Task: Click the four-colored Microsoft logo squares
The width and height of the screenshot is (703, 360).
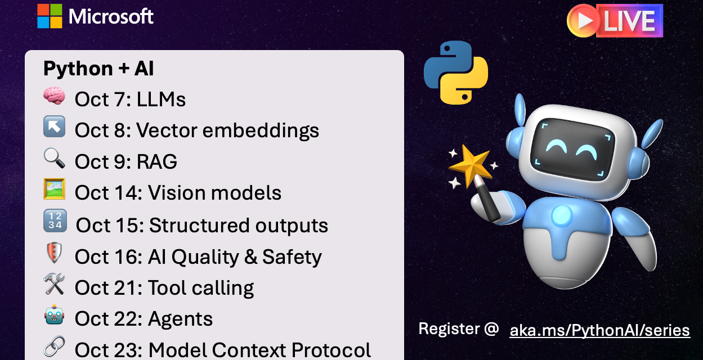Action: (50, 16)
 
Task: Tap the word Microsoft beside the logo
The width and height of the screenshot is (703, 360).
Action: (111, 16)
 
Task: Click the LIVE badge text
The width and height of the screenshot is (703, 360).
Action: (629, 21)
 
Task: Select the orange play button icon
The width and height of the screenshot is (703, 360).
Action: (584, 21)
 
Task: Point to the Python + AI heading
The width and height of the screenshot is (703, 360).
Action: (98, 69)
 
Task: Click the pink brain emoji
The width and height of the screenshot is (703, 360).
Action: (54, 97)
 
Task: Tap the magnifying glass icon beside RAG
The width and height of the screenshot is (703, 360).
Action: (54, 160)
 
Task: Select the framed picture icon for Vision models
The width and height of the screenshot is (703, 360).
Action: (54, 190)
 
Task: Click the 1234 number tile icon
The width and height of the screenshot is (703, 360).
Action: (55, 222)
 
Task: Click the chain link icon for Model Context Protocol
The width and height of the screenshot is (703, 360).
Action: (54, 347)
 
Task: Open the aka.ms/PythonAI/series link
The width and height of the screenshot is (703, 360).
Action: (599, 330)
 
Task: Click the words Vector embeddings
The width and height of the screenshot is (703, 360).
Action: (227, 130)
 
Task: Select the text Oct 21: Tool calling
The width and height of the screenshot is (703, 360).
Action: (164, 288)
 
